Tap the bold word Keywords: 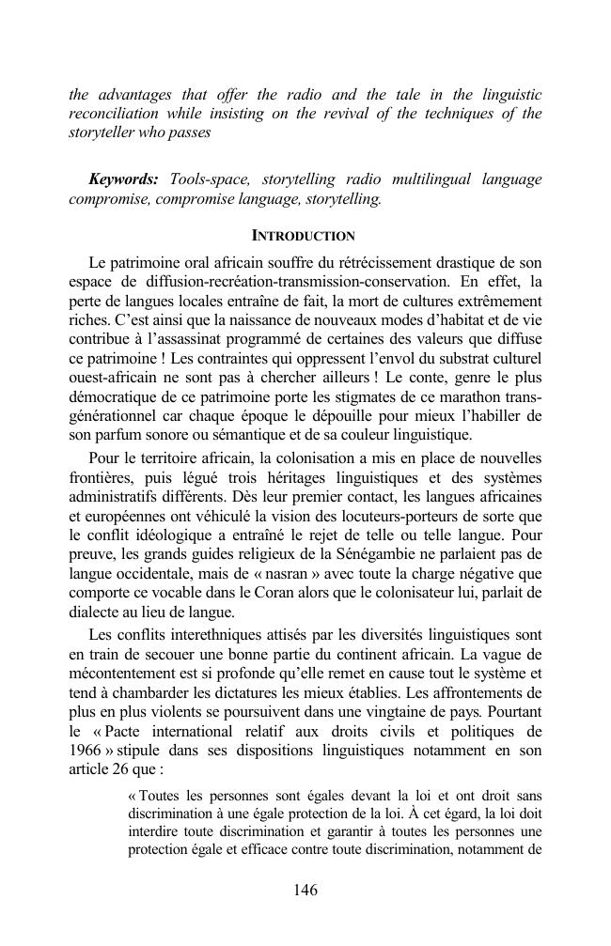[x=123, y=179]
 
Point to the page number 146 [x=305, y=891]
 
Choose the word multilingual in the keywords [x=440, y=179]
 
